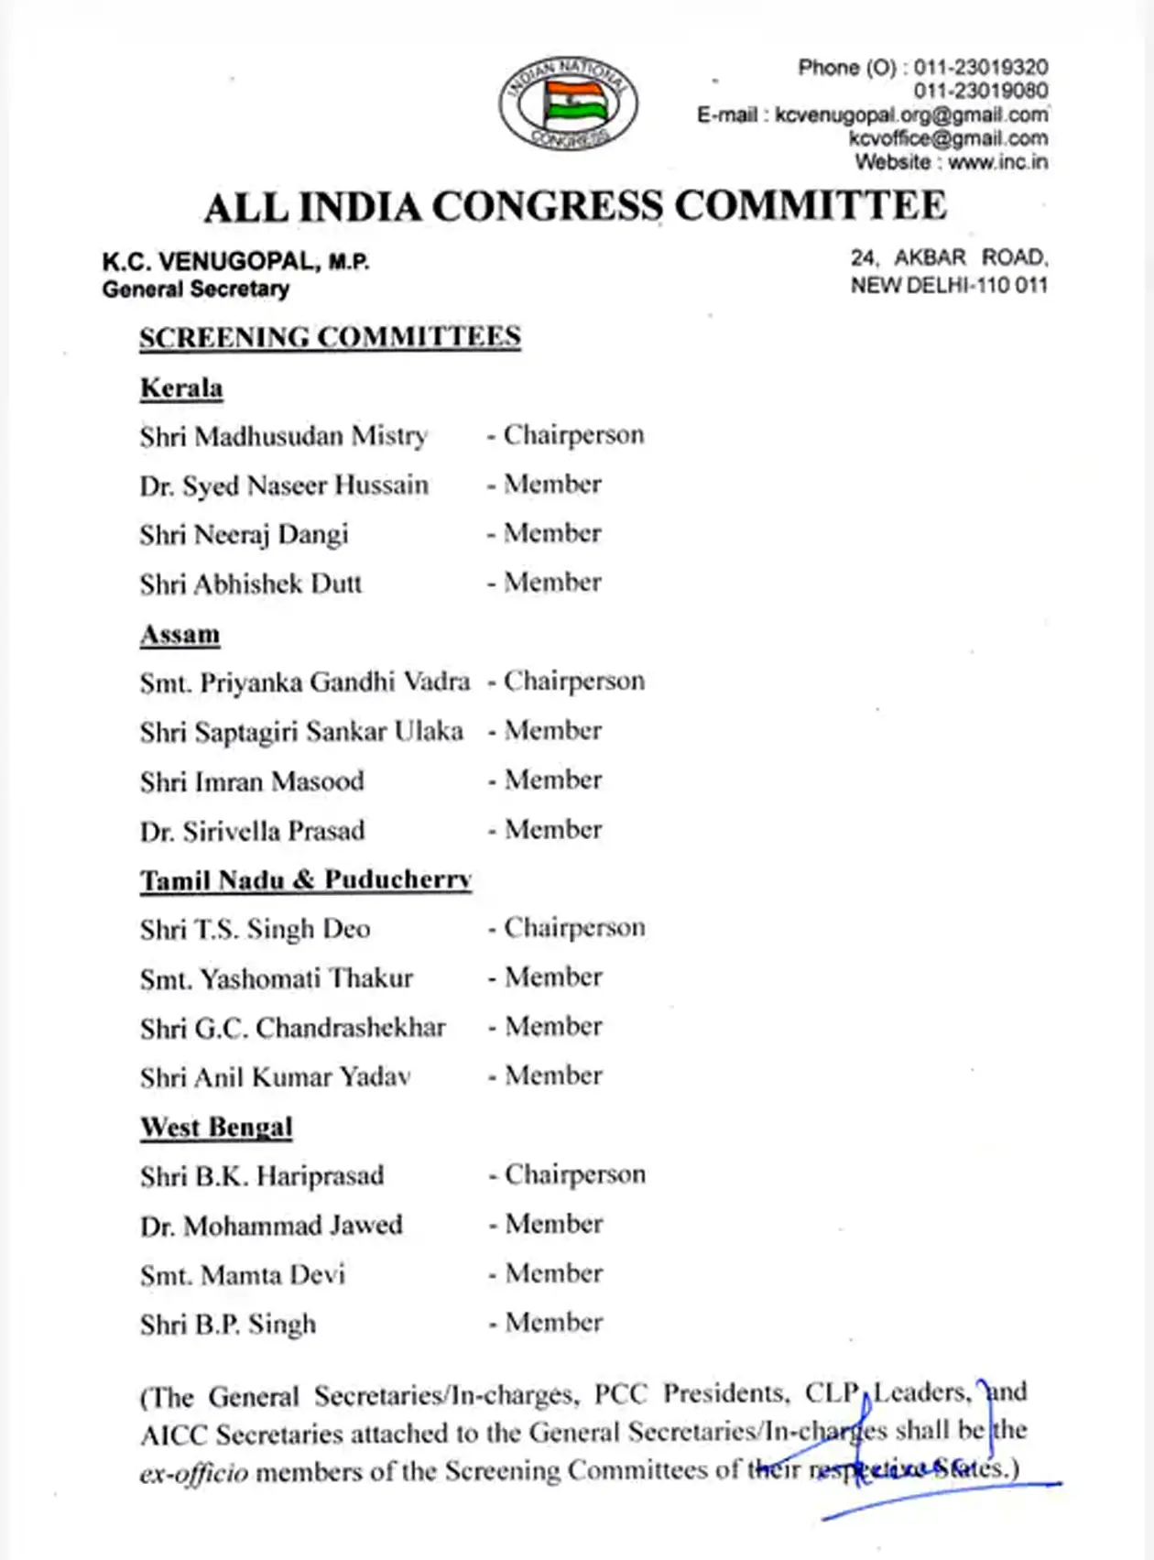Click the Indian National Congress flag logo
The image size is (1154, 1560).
568,103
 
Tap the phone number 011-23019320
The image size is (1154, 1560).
981,68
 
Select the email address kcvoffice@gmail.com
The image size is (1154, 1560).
948,138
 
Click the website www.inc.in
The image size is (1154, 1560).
997,162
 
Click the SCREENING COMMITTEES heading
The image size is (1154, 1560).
330,337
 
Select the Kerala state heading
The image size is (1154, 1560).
181,388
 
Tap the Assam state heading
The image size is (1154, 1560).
180,635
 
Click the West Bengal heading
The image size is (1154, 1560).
216,1127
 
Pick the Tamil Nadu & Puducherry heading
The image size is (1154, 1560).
305,880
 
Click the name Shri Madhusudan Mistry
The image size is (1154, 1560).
283,436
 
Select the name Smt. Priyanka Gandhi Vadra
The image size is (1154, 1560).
304,682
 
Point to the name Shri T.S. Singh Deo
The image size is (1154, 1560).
255,930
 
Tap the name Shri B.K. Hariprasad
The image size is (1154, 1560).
261,1176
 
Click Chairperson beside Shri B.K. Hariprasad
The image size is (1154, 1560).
574,1175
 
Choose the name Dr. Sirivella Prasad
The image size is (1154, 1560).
252,831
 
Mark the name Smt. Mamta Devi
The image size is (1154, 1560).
242,1275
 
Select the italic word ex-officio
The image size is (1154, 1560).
193,1473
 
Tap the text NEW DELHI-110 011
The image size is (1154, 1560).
948,286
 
